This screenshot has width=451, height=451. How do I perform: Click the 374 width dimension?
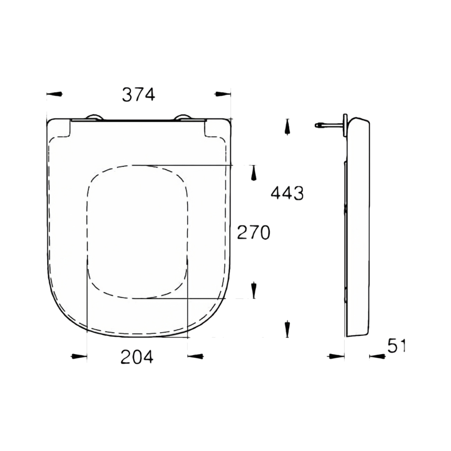pos(138,94)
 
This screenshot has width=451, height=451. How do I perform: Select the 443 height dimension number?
pos(287,193)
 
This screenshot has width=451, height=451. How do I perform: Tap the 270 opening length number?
pos(253,233)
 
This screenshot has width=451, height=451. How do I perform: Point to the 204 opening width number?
pos(137,357)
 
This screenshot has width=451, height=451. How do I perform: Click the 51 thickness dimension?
pos(396,346)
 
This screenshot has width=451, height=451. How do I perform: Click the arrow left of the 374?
pos(55,94)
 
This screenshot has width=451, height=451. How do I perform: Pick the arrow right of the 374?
pos(223,94)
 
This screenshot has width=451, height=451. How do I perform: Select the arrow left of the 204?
pos(79,357)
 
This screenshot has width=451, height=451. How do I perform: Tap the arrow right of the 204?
pos(195,357)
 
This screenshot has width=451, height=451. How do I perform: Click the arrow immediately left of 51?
pos(377,357)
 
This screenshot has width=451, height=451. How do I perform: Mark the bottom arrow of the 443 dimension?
pos(287,329)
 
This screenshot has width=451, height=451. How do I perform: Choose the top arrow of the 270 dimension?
pos(253,173)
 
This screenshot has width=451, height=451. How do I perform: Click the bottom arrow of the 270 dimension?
pos(253,290)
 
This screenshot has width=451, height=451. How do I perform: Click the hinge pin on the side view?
pos(328,125)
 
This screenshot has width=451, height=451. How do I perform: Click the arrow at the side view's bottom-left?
pos(336,357)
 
